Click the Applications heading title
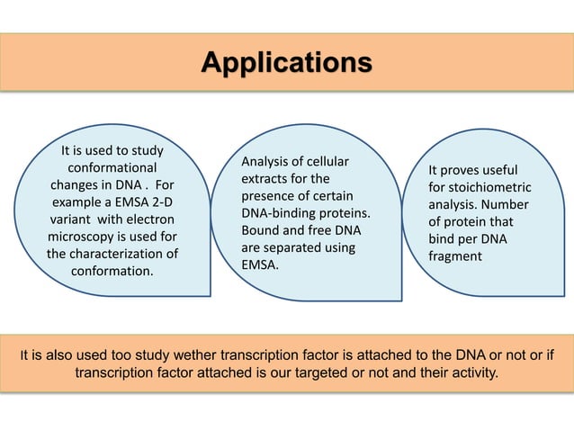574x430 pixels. (286, 63)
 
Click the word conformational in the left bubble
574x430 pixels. (112, 168)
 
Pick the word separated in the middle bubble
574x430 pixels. (297, 247)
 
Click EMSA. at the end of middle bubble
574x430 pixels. (261, 264)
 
